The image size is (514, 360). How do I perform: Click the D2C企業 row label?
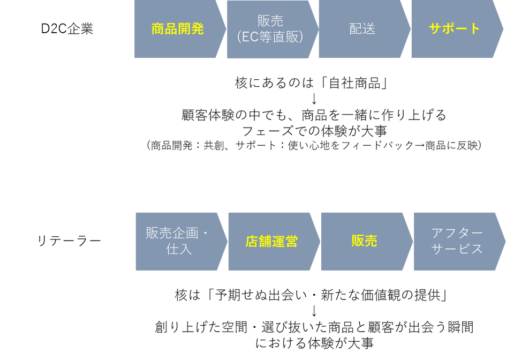67,29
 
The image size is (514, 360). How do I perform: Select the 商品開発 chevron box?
180,29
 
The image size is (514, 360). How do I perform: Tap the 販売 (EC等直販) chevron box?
273,29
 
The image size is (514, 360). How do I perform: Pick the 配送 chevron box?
365,29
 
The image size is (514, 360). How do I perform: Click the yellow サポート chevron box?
457,29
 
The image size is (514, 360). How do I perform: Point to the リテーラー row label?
69,241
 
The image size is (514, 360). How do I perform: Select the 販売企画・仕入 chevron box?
182,242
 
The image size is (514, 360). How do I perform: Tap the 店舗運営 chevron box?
274,242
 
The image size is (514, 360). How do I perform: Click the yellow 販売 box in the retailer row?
367,242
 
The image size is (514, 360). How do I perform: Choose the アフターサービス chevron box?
459,242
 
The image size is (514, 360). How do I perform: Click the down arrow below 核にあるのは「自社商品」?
314,99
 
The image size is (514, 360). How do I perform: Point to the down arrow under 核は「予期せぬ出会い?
314,311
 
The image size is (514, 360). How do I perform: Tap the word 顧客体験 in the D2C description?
208,115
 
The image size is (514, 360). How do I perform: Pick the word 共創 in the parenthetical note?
214,145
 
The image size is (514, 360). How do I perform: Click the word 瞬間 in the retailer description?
460,327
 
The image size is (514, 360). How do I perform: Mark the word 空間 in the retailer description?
235,327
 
